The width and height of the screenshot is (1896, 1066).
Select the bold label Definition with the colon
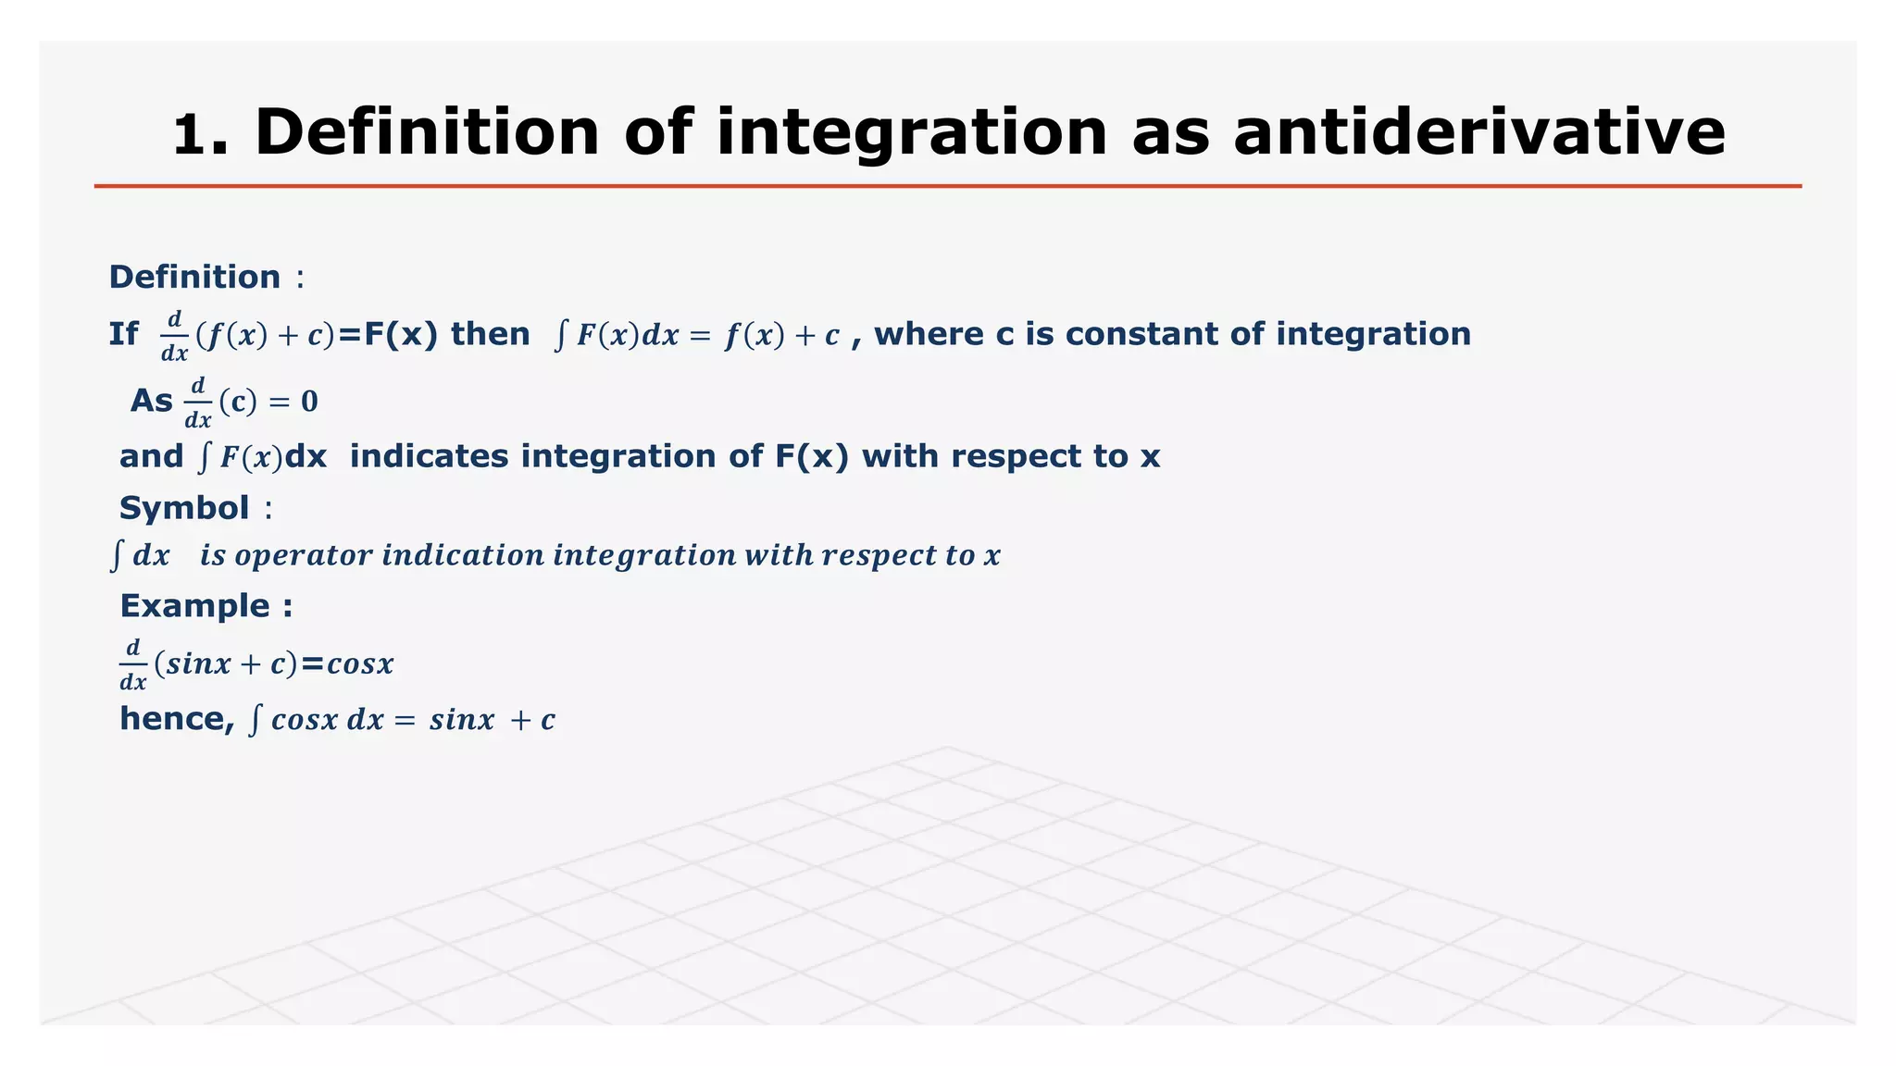point(206,277)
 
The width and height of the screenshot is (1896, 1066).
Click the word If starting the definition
point(123,334)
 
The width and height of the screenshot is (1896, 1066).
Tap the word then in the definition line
point(490,334)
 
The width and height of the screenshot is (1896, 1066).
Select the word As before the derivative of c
point(151,402)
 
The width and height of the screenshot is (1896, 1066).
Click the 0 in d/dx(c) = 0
point(309,402)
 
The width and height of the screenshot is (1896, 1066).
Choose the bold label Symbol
point(184,508)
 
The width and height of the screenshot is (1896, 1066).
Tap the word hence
point(176,719)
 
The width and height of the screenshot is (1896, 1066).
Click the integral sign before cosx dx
point(256,720)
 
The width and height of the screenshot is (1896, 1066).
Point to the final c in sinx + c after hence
point(548,720)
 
